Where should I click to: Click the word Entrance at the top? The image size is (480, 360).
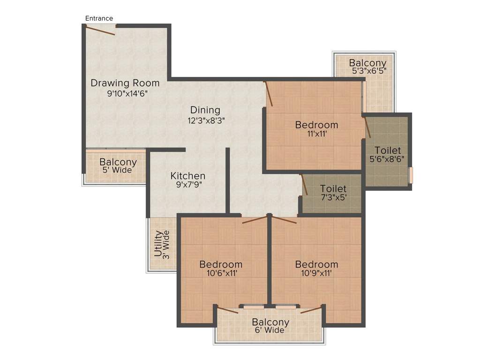coord(99,18)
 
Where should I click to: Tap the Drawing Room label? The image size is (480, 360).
coord(125,83)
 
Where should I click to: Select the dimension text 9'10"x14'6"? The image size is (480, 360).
coord(127,93)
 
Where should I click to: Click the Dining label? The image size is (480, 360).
coord(205,110)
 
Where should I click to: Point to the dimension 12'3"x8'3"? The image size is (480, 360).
coord(206,120)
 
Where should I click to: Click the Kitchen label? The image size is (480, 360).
coord(187,176)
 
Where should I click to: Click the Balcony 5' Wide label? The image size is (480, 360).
coord(118,163)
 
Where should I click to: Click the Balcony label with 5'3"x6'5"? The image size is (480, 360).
coord(367,63)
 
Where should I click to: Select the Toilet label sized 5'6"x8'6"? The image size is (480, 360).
coord(387,150)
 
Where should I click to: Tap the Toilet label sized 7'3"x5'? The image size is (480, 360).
coord(333,189)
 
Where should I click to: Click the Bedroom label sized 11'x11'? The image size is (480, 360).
coord(316,125)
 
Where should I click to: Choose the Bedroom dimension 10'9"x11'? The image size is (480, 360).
coord(316,273)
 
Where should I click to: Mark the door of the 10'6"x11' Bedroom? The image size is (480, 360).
coord(255,219)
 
